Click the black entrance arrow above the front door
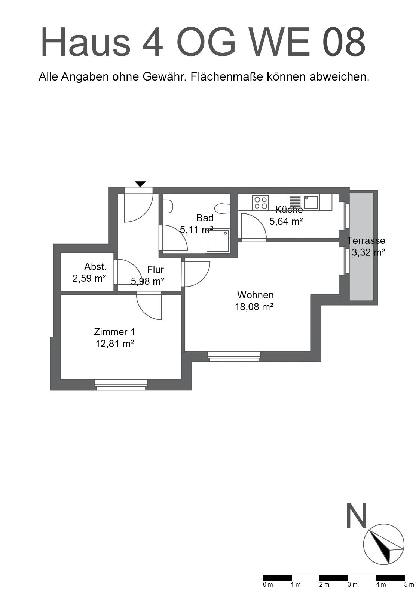(x=140, y=184)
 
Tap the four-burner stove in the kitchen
(x=261, y=203)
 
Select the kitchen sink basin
(x=311, y=202)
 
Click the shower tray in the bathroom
(x=217, y=241)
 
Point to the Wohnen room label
(x=255, y=295)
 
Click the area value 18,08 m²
(x=254, y=307)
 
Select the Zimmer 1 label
(x=114, y=332)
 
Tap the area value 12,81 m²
(x=114, y=344)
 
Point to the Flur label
(x=156, y=269)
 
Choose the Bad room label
(x=205, y=218)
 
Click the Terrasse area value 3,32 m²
(x=368, y=252)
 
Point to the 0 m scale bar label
(x=268, y=584)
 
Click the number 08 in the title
(x=344, y=42)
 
